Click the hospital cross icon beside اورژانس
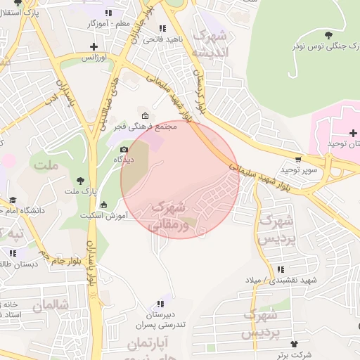coord(94,46)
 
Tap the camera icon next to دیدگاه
coord(124,149)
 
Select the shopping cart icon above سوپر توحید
coord(299,160)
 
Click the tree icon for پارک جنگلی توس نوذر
coord(328,34)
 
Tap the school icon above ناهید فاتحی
coord(162,28)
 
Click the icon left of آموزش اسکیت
coord(104,205)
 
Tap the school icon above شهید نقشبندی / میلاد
coord(281,269)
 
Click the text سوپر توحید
coord(300,170)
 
